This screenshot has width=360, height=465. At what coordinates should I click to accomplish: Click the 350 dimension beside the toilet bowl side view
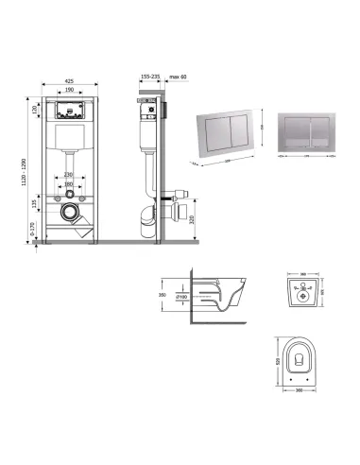click(x=163, y=294)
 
